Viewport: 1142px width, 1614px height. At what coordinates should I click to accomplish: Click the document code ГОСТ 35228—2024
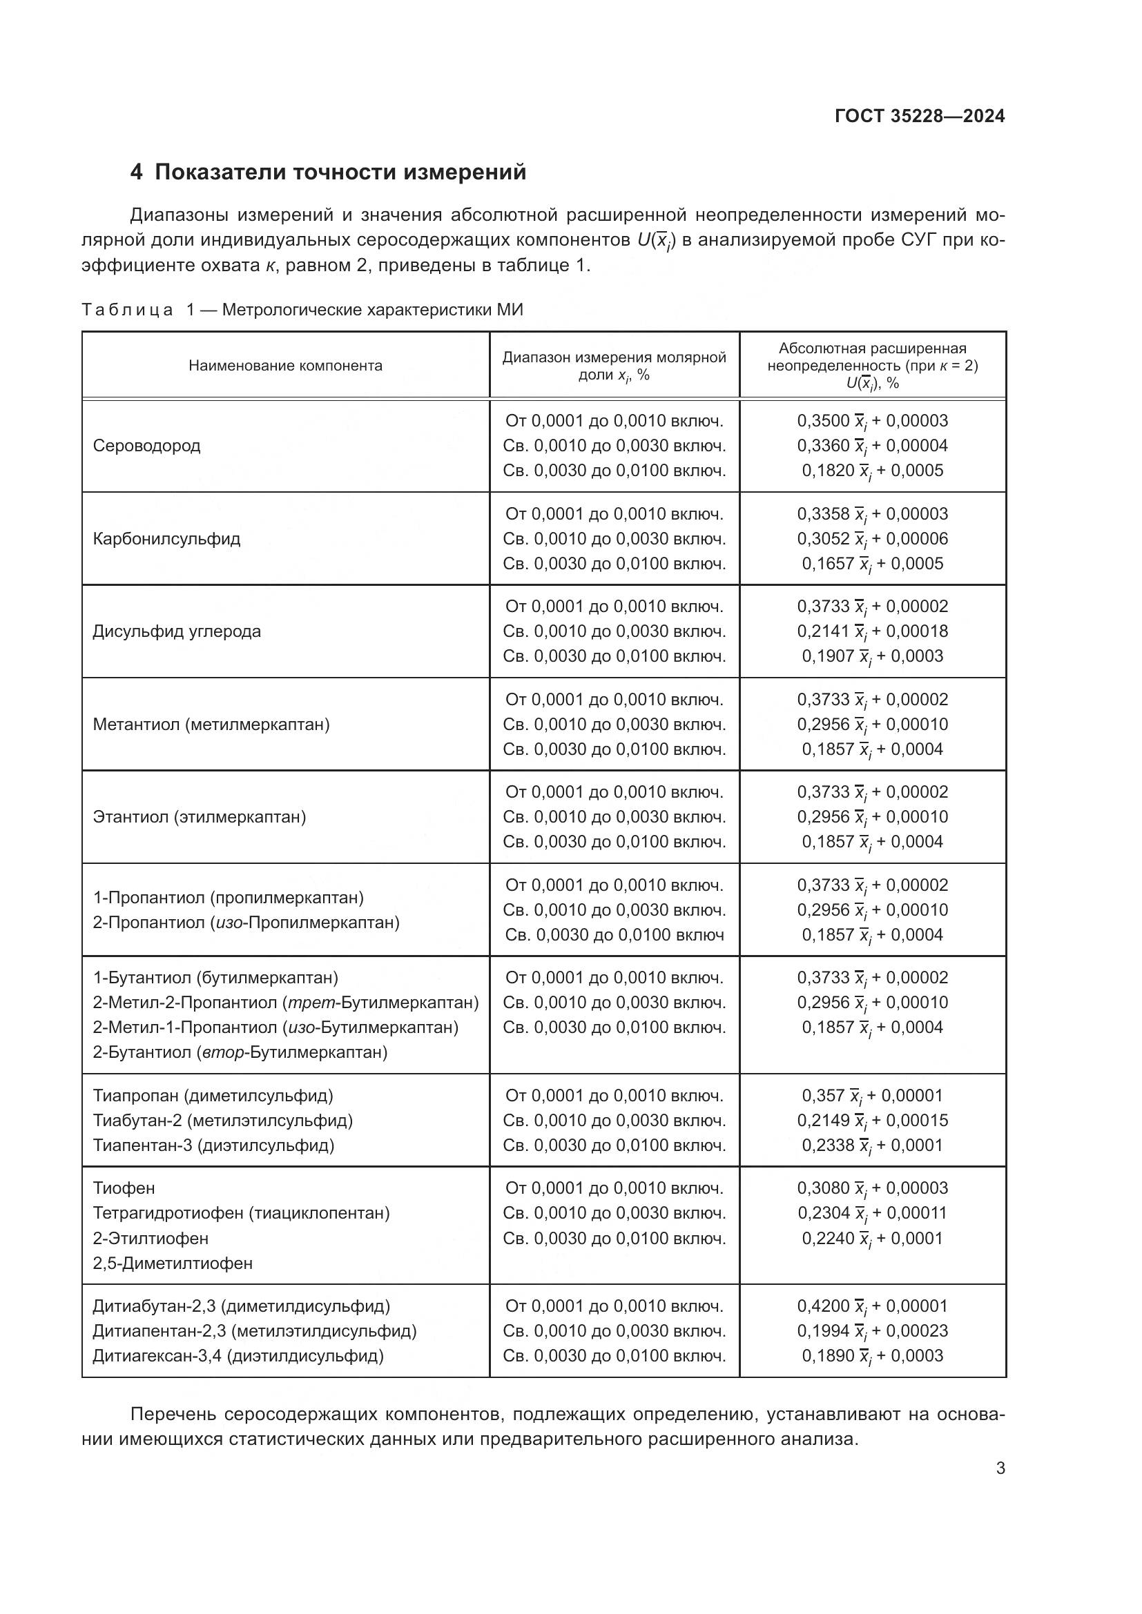coord(919,117)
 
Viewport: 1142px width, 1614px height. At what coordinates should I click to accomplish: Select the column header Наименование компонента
coord(286,366)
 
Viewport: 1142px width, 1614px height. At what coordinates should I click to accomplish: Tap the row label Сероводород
coord(146,446)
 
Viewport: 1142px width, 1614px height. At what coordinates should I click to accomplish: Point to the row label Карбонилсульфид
coord(166,539)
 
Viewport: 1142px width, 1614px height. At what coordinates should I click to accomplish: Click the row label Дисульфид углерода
coord(177,631)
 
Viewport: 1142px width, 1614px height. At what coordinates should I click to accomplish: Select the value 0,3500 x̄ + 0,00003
coord(872,421)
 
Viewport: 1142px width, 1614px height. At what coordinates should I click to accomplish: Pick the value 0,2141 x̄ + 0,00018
coord(872,631)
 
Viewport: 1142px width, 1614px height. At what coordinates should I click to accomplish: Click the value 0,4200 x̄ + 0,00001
coord(872,1306)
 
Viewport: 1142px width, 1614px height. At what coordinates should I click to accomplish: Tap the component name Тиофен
coord(124,1188)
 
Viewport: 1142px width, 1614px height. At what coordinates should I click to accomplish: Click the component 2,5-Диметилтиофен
coord(173,1263)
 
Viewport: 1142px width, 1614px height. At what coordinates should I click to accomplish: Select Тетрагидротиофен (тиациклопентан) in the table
coord(241,1213)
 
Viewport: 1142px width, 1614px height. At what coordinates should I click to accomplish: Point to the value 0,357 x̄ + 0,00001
coord(872,1095)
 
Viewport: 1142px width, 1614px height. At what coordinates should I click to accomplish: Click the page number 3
coord(1000,1468)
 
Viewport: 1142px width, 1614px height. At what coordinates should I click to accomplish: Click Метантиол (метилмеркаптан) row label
coord(211,724)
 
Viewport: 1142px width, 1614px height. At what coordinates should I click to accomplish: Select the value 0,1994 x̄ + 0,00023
coord(872,1330)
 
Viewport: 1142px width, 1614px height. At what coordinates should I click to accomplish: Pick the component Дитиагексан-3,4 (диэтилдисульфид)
coord(238,1356)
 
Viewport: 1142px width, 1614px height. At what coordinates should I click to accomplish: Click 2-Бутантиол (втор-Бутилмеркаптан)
coord(240,1052)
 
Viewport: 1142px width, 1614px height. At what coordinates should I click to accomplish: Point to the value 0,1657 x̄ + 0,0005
coord(872,564)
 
